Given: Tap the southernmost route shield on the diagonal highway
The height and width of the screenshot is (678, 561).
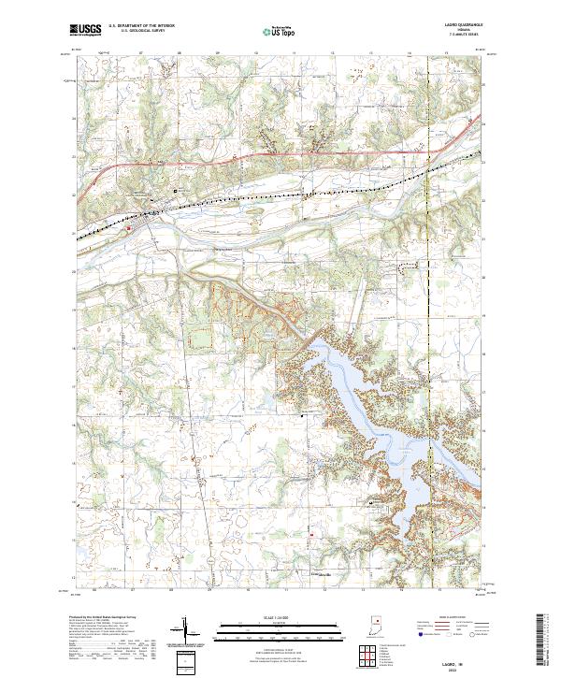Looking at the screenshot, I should [211, 559].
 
